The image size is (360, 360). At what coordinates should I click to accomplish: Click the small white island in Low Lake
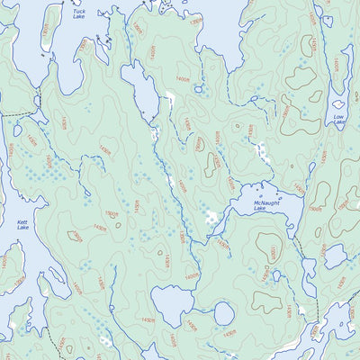click(340, 105)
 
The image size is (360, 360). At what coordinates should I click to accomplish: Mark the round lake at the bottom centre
click(223, 312)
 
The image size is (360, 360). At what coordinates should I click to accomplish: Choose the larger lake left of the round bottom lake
click(170, 303)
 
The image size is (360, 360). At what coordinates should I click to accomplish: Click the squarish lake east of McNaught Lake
click(336, 256)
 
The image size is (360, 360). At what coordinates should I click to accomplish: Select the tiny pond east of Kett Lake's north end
click(18, 130)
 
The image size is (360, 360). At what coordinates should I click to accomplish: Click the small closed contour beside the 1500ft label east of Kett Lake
click(72, 236)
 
